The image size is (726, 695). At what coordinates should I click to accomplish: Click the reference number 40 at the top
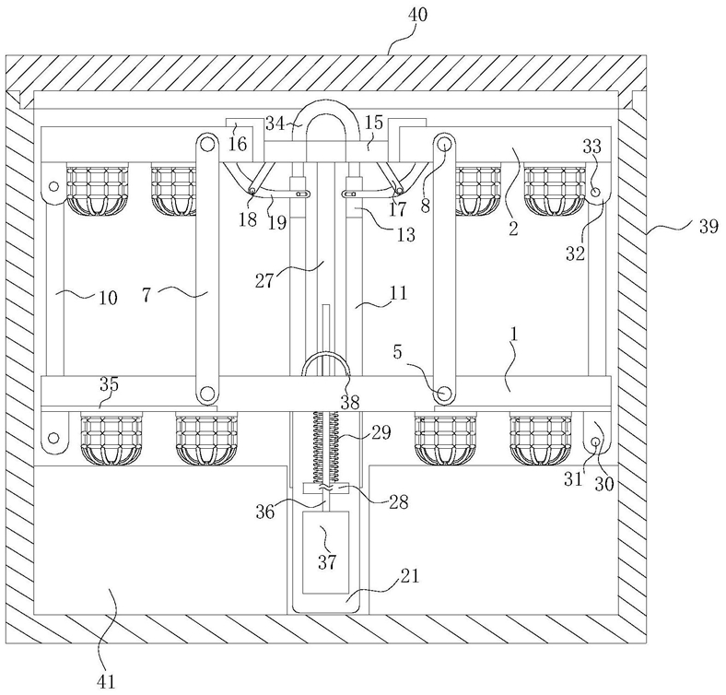(417, 15)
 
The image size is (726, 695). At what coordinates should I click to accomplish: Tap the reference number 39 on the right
(708, 227)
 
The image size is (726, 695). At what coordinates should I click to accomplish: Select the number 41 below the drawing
(107, 681)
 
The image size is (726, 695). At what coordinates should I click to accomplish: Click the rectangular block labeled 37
(325, 552)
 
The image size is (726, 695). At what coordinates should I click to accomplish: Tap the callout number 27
(264, 281)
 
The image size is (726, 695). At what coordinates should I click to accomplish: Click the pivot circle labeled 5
(443, 394)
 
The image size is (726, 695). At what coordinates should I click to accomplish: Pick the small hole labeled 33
(595, 192)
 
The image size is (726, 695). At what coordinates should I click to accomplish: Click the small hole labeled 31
(595, 442)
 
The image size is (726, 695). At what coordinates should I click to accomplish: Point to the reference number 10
(108, 298)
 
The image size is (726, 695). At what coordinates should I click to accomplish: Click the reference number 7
(146, 295)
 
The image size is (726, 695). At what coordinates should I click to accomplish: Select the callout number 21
(408, 576)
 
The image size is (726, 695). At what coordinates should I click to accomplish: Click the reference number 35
(110, 384)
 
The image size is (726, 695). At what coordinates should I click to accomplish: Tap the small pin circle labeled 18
(252, 191)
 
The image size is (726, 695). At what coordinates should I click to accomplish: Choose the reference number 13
(405, 235)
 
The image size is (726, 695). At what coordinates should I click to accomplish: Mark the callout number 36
(265, 512)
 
